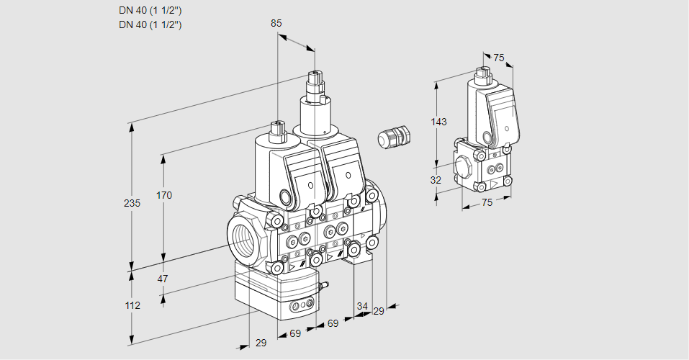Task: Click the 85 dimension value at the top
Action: point(276,23)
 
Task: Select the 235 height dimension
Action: point(132,203)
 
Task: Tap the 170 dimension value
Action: point(165,195)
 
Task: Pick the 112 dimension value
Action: point(132,305)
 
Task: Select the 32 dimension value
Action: point(436,180)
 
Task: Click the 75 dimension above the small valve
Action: point(498,58)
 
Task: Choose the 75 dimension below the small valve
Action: point(487,203)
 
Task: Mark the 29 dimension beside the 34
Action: point(378,310)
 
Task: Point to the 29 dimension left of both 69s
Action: point(261,343)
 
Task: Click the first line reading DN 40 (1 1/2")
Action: point(150,10)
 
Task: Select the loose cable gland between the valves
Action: point(393,136)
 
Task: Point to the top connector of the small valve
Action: point(483,71)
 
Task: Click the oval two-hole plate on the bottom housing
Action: point(300,307)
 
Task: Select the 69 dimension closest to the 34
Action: point(333,324)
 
